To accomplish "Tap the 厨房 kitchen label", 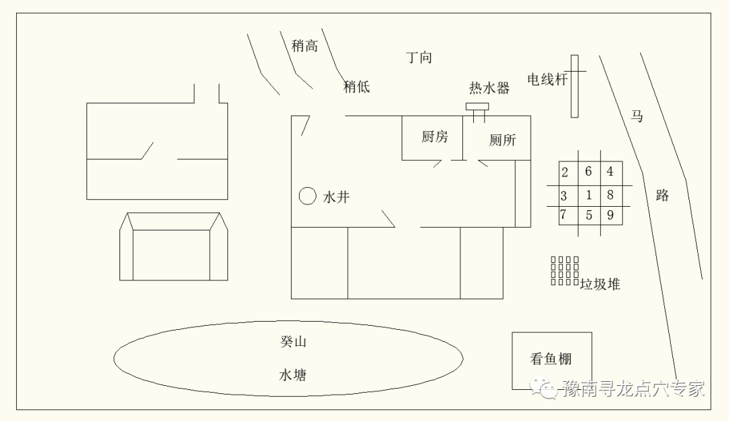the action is tap(435, 137).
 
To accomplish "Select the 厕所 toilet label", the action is tap(503, 140).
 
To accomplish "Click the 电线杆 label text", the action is tap(547, 80).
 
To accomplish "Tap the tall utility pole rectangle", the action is tap(574, 86).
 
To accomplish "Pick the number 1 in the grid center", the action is tap(589, 195).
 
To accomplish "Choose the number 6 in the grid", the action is tap(589, 171).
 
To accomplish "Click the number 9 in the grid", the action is tap(610, 215).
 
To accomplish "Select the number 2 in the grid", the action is tap(565, 172).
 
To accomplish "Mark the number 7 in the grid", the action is tap(563, 214).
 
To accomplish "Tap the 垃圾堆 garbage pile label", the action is tap(600, 284).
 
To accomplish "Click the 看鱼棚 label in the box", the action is tap(551, 359).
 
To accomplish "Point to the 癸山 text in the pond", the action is tap(294, 342).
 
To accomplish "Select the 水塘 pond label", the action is tap(293, 375).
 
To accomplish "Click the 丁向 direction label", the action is tap(419, 57).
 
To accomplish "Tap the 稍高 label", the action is tap(304, 45).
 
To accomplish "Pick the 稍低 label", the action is tap(356, 86).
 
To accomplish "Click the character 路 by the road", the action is tap(663, 195).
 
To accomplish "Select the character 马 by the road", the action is tap(637, 116).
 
